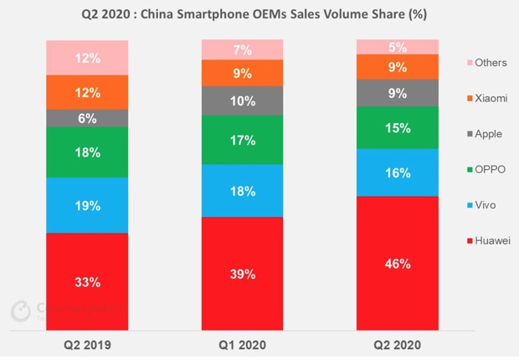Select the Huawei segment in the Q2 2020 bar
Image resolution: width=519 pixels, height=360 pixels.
pos(398,263)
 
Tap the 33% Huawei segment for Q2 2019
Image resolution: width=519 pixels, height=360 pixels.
pos(87,281)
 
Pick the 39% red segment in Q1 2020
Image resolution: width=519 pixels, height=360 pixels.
pos(243,273)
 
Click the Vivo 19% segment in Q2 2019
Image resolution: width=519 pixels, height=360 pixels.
pos(87,205)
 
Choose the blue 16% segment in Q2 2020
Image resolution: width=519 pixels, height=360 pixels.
pos(398,172)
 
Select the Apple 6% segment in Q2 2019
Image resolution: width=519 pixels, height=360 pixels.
pos(87,118)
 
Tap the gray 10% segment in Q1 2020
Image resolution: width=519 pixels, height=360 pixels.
pos(243,100)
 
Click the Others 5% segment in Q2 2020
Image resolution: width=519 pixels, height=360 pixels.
pos(398,47)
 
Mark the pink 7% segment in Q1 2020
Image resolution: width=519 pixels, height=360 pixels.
pos(243,50)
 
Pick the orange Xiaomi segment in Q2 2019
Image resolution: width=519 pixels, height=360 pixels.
pos(87,92)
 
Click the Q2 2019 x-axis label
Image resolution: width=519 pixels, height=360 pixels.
pos(87,344)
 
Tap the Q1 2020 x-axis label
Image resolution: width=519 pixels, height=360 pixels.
pos(243,344)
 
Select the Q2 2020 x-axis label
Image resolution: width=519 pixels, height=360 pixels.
pos(398,344)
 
